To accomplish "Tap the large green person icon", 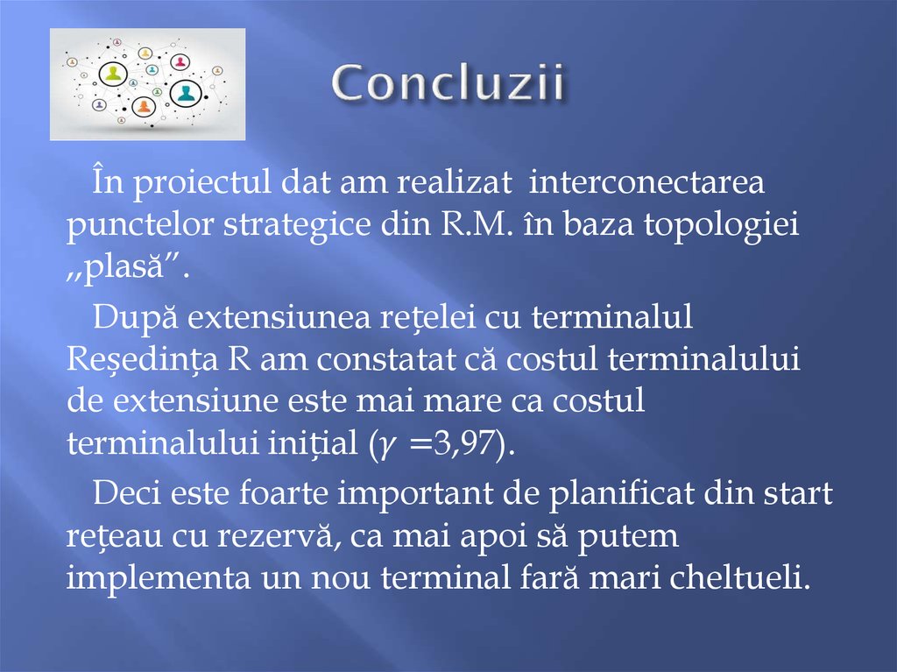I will pyautogui.click(x=113, y=74).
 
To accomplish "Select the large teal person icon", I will pyautogui.click(x=186, y=93).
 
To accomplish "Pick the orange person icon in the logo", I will pyautogui.click(x=144, y=107).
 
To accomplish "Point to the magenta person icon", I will pyautogui.click(x=180, y=62).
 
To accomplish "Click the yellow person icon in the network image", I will pyautogui.click(x=145, y=53).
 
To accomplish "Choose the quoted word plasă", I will pyautogui.click(x=130, y=265).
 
